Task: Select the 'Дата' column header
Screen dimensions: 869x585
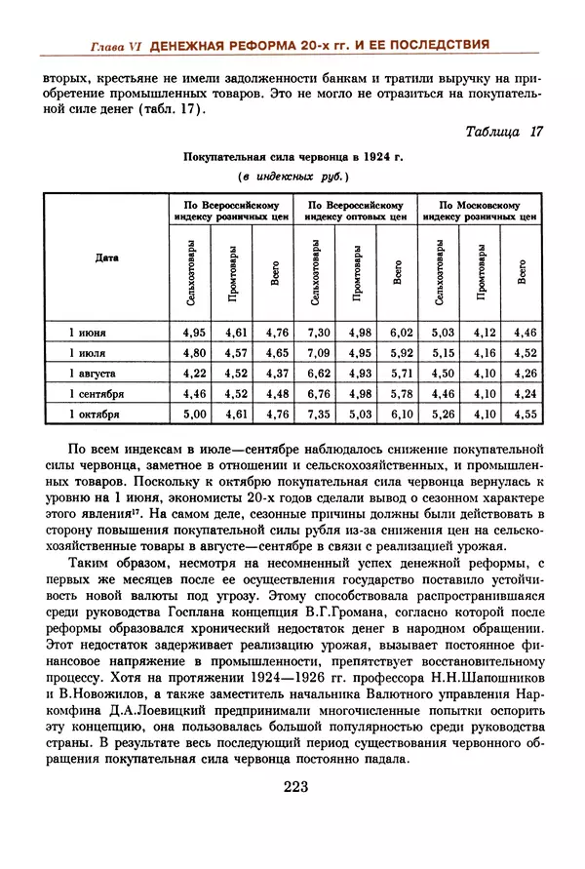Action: pyautogui.click(x=107, y=258)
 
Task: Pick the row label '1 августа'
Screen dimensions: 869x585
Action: pyautogui.click(x=95, y=374)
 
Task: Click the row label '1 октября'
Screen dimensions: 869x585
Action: pyautogui.click(x=95, y=414)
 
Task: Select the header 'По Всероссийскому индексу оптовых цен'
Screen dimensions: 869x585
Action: pyautogui.click(x=357, y=212)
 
